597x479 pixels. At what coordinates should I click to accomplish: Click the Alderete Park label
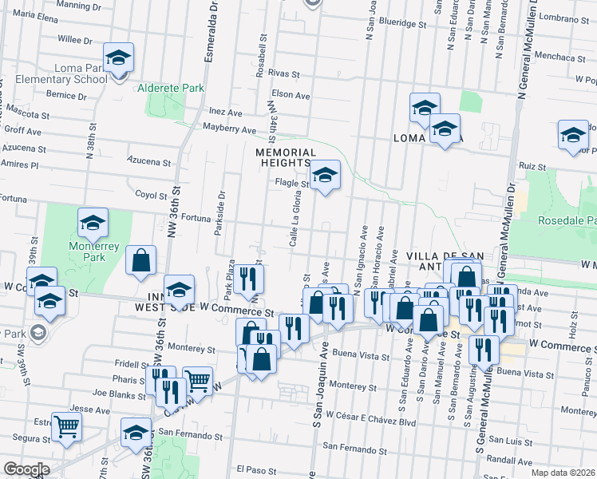[x=170, y=88]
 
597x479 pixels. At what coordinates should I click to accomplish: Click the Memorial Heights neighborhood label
[x=286, y=158]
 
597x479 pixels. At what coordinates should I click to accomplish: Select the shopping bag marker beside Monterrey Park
[x=140, y=260]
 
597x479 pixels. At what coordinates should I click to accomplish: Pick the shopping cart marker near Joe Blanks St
[x=197, y=381]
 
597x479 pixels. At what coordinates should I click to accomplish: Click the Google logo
[x=26, y=469]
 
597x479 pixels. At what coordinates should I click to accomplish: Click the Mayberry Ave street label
[x=229, y=129]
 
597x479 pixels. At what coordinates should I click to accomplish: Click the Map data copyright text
[x=563, y=473]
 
